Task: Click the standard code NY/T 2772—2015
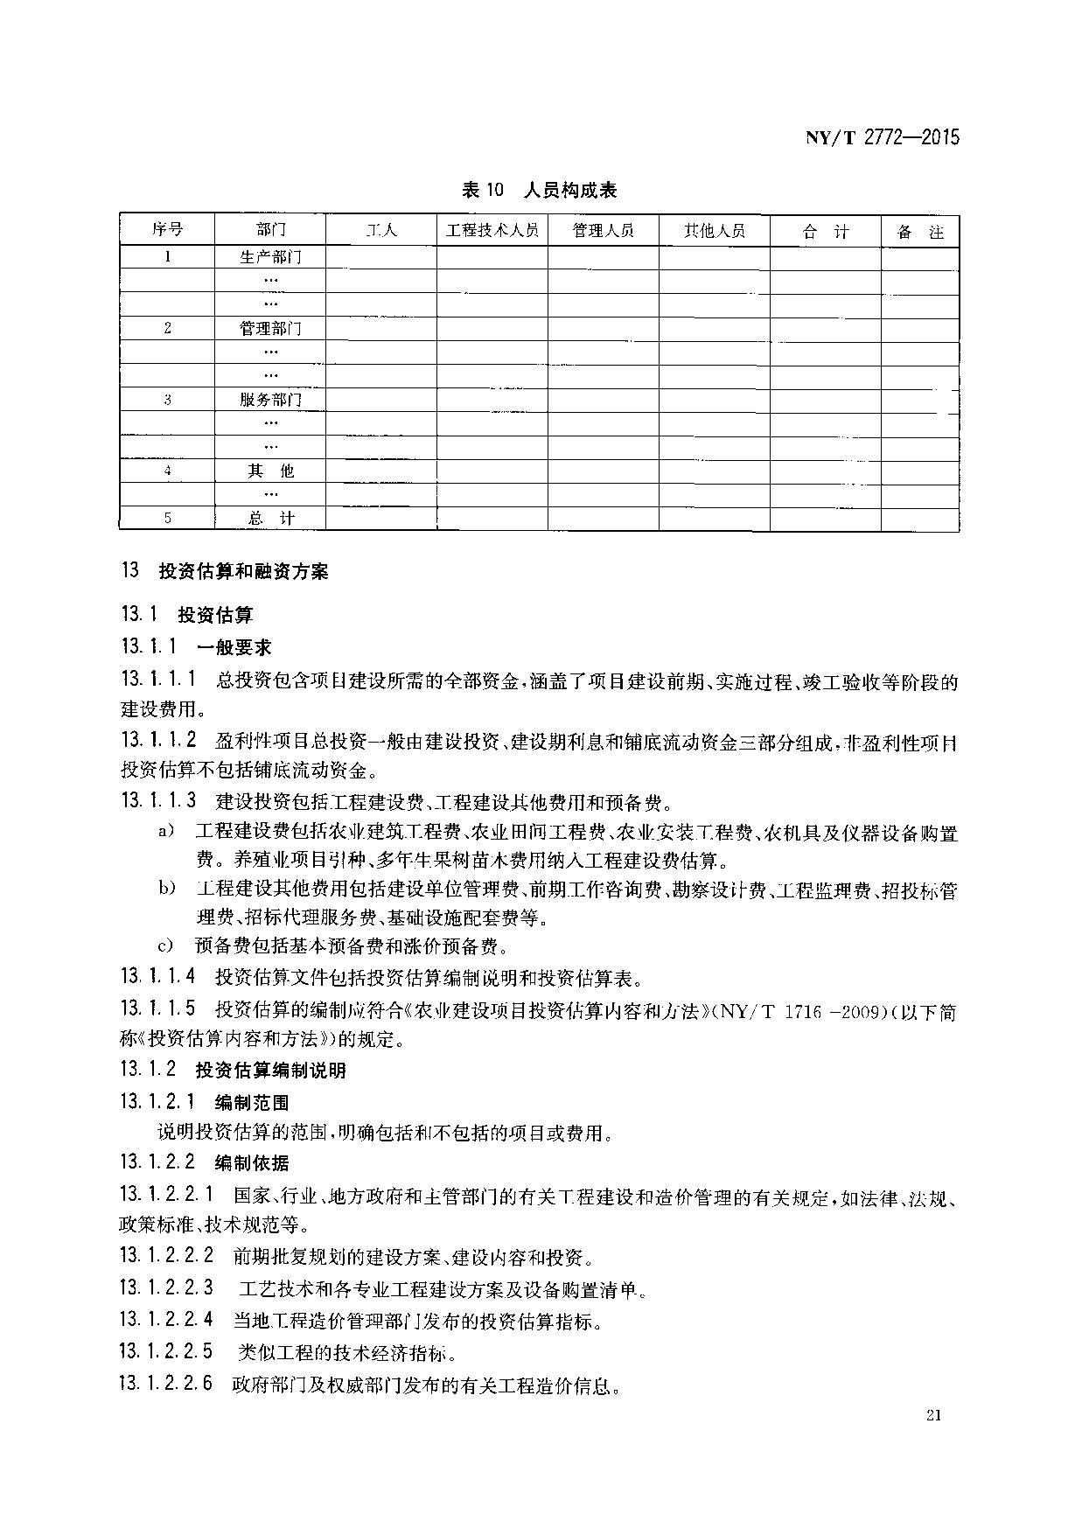[x=881, y=136]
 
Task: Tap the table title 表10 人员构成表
[x=539, y=189]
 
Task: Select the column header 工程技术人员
[x=492, y=231]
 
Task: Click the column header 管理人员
[x=603, y=231]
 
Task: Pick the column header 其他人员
[x=714, y=231]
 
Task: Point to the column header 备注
[x=920, y=232]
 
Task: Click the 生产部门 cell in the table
[x=270, y=257]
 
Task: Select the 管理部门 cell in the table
[x=270, y=329]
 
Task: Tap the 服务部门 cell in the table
[x=270, y=400]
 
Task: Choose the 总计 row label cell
[x=270, y=519]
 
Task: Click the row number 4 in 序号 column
[x=167, y=471]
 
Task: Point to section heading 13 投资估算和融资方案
[x=225, y=571]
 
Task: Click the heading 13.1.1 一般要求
[x=197, y=647]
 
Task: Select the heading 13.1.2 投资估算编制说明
[x=234, y=1070]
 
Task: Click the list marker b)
[x=167, y=889]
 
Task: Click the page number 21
[x=931, y=1416]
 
